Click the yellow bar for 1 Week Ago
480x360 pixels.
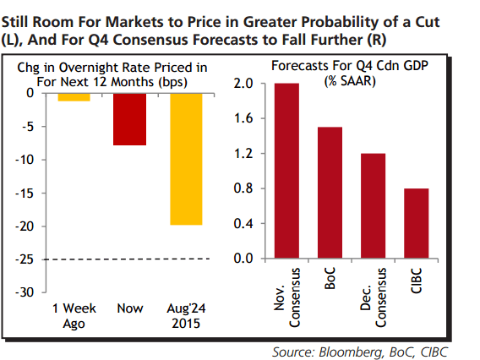click(x=74, y=96)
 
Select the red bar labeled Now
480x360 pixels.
click(x=130, y=118)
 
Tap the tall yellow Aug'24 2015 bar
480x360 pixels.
click(x=186, y=158)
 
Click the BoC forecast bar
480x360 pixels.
click(x=330, y=193)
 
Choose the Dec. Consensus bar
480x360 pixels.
click(x=372, y=206)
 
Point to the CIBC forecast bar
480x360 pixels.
click(x=415, y=223)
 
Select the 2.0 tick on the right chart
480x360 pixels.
click(x=244, y=84)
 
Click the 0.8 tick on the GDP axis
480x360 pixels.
click(x=244, y=188)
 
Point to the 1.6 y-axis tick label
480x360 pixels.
click(x=244, y=119)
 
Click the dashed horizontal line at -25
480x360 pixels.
click(x=127, y=259)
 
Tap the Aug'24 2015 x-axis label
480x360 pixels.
click(x=186, y=316)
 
